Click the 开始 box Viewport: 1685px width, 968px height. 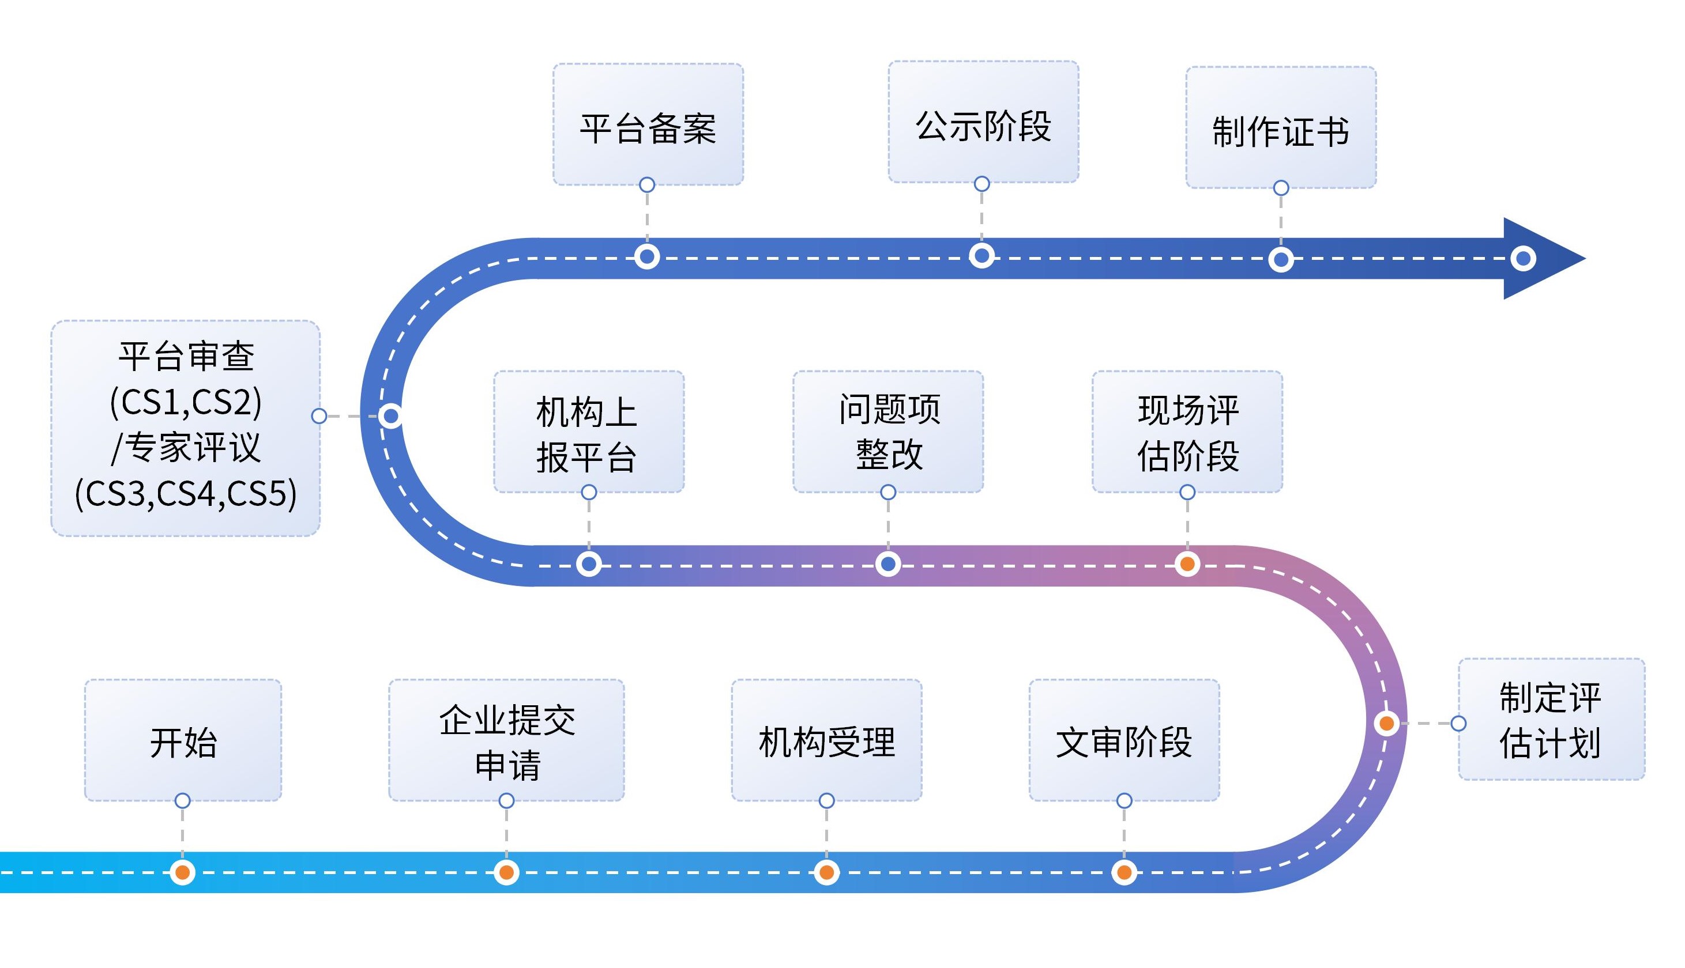click(x=183, y=740)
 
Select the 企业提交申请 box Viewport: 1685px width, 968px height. click(x=506, y=740)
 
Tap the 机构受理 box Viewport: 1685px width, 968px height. click(x=826, y=740)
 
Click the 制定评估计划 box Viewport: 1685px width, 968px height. click(x=1551, y=719)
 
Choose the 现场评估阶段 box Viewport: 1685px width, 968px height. click(x=1187, y=432)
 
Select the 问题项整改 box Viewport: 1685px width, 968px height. click(x=888, y=432)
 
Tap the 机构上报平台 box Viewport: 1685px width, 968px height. click(x=589, y=432)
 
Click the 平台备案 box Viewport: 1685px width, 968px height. click(x=648, y=125)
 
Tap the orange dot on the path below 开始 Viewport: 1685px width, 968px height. click(x=182, y=872)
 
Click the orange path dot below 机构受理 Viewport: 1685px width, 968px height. click(x=826, y=872)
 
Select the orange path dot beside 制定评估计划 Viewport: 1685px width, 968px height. click(x=1387, y=723)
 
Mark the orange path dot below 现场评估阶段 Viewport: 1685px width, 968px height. click(x=1187, y=565)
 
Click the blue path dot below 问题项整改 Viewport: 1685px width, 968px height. click(x=888, y=565)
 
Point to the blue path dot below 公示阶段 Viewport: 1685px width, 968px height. click(x=982, y=256)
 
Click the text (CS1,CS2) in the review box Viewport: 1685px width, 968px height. click(x=186, y=402)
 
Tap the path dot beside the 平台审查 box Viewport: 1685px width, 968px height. click(x=391, y=416)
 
